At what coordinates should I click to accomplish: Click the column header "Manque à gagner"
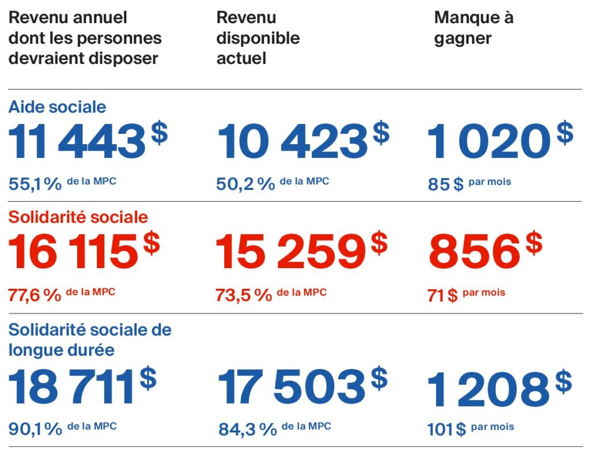473,28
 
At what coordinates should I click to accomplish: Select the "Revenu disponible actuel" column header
258,38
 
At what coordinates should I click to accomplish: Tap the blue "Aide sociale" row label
57,107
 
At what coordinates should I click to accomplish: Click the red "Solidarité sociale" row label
78,217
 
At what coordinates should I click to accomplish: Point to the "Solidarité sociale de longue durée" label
89,340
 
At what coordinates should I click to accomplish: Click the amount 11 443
77,142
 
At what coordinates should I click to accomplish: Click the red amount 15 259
290,252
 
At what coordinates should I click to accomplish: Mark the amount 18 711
71,387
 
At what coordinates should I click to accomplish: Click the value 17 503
291,387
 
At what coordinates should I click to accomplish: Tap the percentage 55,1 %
35,184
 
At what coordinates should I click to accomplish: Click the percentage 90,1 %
35,429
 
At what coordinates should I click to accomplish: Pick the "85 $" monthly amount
445,185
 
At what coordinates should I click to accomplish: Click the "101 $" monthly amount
446,429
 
